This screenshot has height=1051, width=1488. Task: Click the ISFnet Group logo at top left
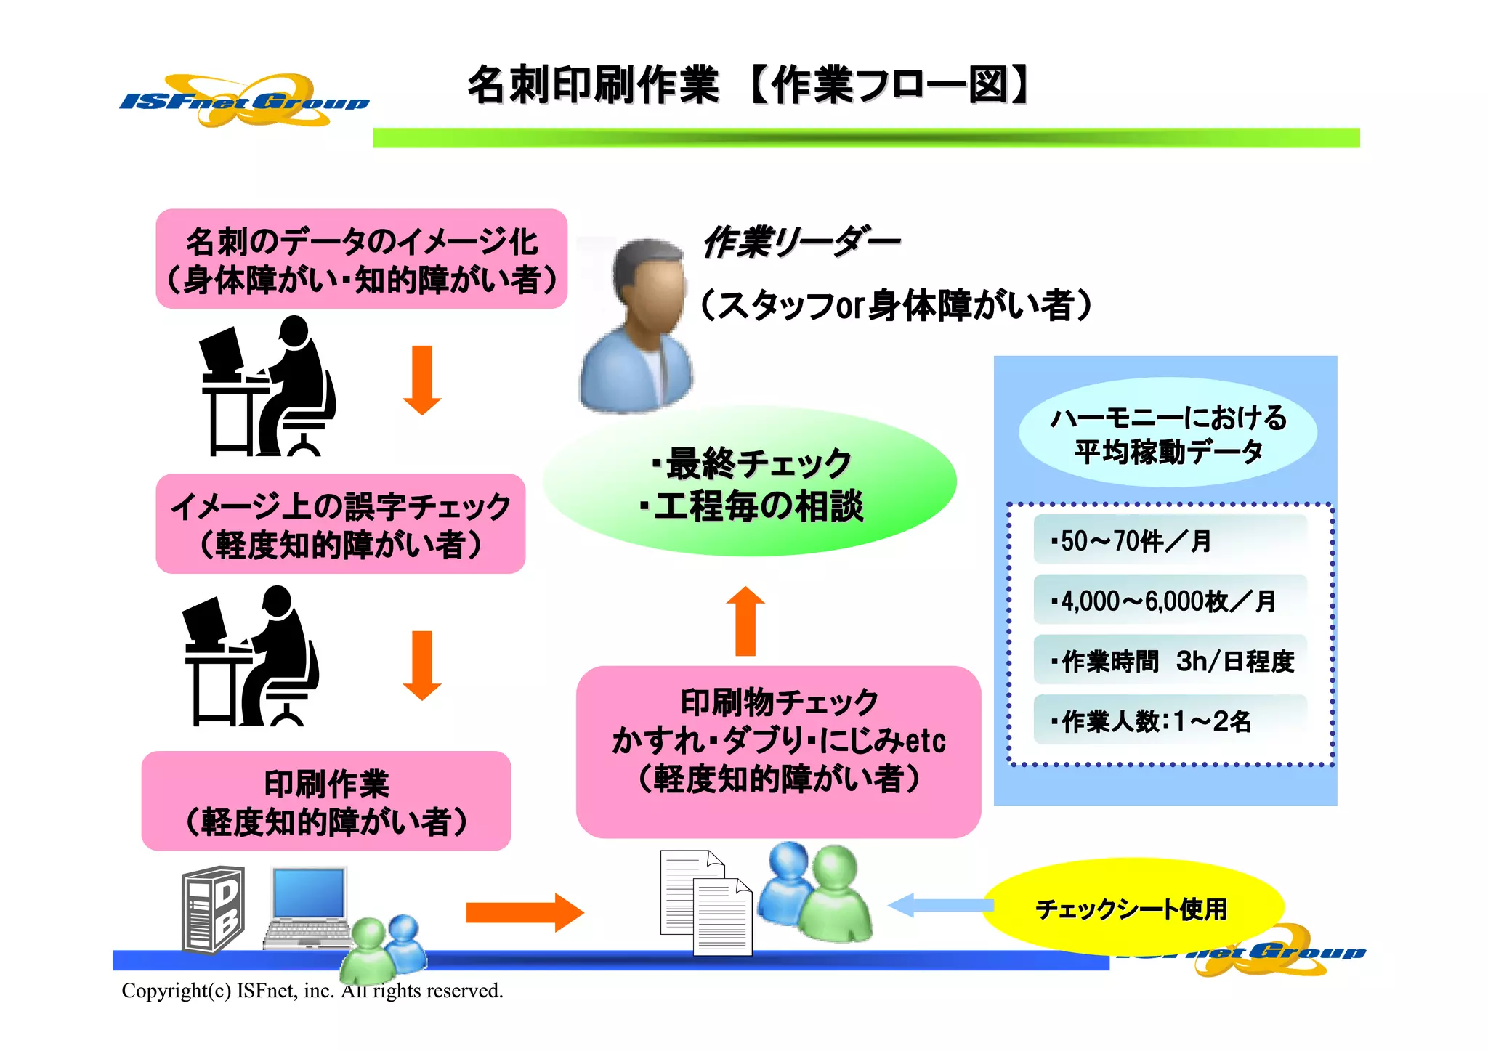pos(243,101)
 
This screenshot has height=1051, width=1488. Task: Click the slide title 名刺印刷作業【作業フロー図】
pos(748,85)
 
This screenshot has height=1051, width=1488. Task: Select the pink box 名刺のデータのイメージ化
pos(361,259)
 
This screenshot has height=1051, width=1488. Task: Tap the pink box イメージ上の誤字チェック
pos(340,524)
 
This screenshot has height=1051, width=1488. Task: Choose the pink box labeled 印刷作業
pos(326,801)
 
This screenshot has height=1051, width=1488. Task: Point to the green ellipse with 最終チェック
pos(750,484)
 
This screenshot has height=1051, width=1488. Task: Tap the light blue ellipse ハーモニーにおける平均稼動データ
pos(1168,433)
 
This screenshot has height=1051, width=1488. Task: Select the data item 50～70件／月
pos(1169,540)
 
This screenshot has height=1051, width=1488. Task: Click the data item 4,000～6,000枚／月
pos(1169,600)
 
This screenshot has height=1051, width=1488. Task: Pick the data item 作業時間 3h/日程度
pos(1169,660)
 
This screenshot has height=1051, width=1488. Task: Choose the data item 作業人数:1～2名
pos(1169,721)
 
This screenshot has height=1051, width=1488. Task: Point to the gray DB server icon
pos(213,909)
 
